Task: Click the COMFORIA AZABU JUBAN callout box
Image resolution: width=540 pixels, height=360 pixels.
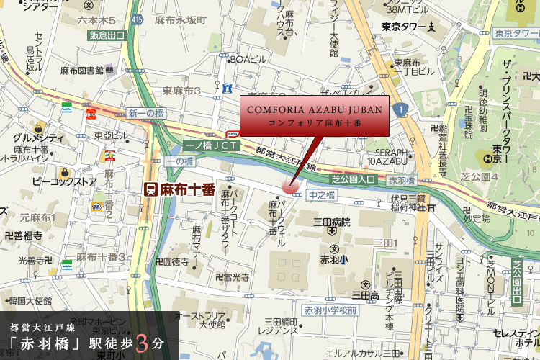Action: click(x=314, y=115)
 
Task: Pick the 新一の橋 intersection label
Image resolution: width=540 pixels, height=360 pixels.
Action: click(x=146, y=113)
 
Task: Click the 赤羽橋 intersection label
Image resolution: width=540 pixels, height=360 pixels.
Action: click(x=402, y=181)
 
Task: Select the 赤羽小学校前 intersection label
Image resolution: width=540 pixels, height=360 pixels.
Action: click(x=330, y=310)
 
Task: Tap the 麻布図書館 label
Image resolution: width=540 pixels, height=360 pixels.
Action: click(x=81, y=71)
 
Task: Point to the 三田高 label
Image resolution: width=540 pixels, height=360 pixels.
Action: click(x=365, y=294)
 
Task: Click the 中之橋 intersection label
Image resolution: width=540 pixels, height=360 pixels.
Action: click(x=322, y=194)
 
